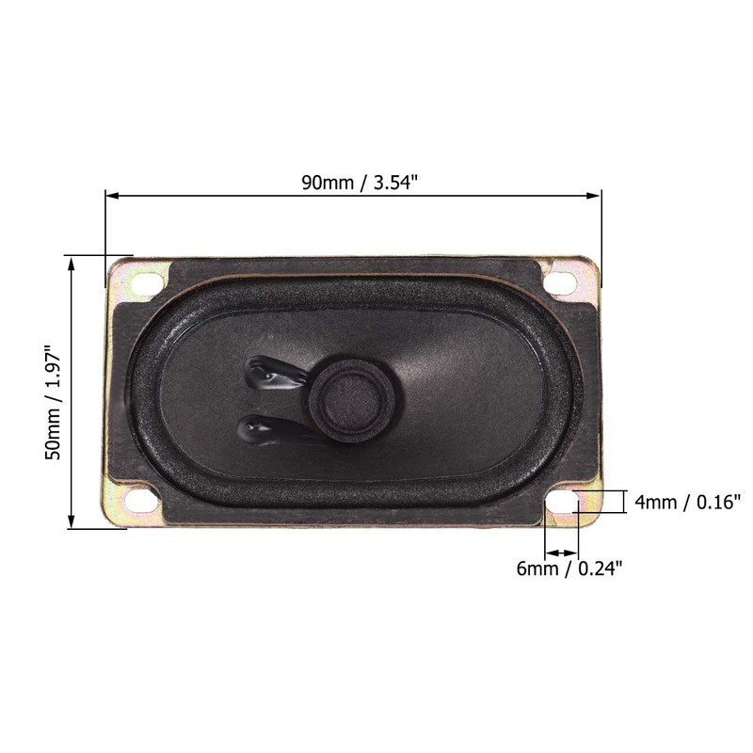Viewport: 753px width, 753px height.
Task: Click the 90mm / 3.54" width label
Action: (360, 183)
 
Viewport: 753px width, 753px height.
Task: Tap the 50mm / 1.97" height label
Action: (53, 403)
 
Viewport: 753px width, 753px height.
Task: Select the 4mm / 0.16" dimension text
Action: (687, 503)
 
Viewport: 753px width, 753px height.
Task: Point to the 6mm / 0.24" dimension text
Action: (569, 569)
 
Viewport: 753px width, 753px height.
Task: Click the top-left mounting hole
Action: (146, 282)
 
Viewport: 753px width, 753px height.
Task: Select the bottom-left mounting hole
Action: (142, 501)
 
